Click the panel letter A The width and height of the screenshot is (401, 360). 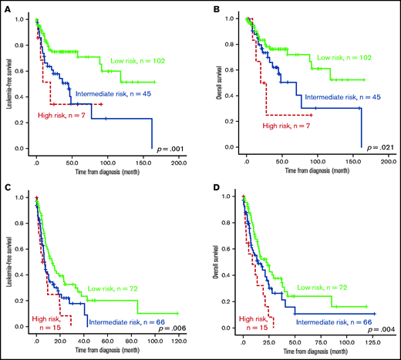point(6,7)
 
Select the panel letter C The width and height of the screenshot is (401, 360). point(6,186)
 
